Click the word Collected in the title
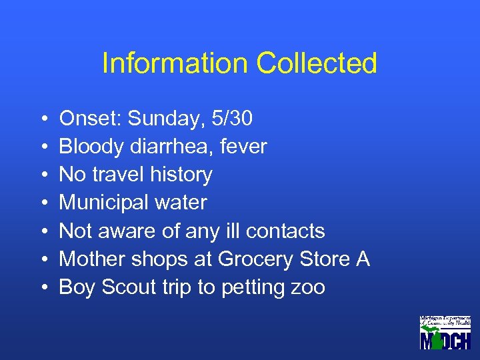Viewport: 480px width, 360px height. coord(317,63)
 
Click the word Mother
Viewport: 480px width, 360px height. coord(89,259)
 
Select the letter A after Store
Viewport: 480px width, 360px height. coord(363,259)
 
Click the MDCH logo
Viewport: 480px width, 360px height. coord(445,332)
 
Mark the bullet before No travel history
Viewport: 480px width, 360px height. coord(42,175)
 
